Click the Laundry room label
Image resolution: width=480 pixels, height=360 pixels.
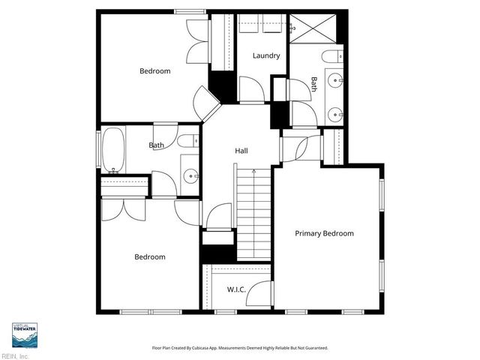(266, 55)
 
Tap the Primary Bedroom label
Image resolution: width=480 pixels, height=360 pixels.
(324, 233)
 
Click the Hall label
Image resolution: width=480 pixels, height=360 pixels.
(241, 151)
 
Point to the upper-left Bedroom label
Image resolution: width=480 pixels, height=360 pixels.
(155, 71)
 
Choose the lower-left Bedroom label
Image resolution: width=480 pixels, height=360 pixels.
(150, 256)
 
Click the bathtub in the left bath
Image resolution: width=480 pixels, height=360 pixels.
(113, 149)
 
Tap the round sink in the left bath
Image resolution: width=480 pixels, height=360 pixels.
(191, 177)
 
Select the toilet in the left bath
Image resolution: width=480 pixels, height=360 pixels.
(190, 140)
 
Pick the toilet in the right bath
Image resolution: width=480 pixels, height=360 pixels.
(332, 55)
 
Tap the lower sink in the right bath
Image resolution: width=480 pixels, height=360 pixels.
(334, 115)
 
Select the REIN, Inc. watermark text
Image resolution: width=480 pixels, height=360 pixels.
(15, 356)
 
